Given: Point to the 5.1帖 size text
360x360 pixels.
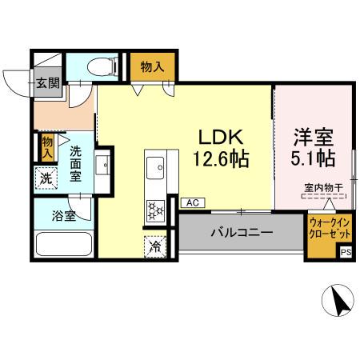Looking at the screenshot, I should click(x=312, y=158).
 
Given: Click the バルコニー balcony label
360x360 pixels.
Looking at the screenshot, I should click(x=242, y=234).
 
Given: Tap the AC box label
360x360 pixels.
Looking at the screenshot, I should click(x=191, y=203).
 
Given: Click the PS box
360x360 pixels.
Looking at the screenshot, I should click(x=346, y=252).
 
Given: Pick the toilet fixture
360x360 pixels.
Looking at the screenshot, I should click(x=101, y=66).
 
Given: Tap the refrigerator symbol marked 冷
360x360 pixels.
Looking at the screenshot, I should click(x=155, y=246).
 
